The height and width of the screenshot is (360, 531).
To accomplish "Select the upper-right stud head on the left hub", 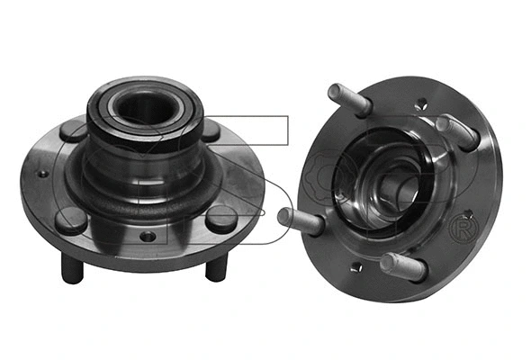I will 211,130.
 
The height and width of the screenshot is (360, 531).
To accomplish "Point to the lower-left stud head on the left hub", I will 70,218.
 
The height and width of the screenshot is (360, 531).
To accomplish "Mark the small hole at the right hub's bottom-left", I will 357,266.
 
